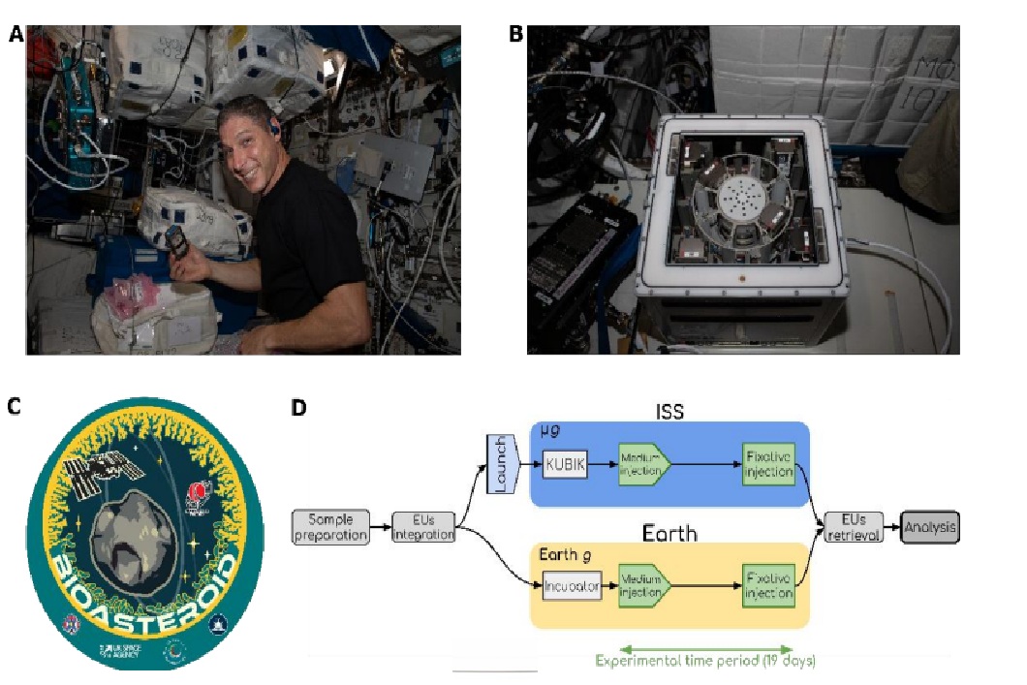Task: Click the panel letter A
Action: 16,36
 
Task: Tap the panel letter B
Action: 516,34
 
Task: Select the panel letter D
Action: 299,408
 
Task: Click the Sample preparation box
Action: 330,525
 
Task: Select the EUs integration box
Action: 423,527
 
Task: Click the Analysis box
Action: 929,527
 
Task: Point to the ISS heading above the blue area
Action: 669,411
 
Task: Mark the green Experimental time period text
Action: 705,662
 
